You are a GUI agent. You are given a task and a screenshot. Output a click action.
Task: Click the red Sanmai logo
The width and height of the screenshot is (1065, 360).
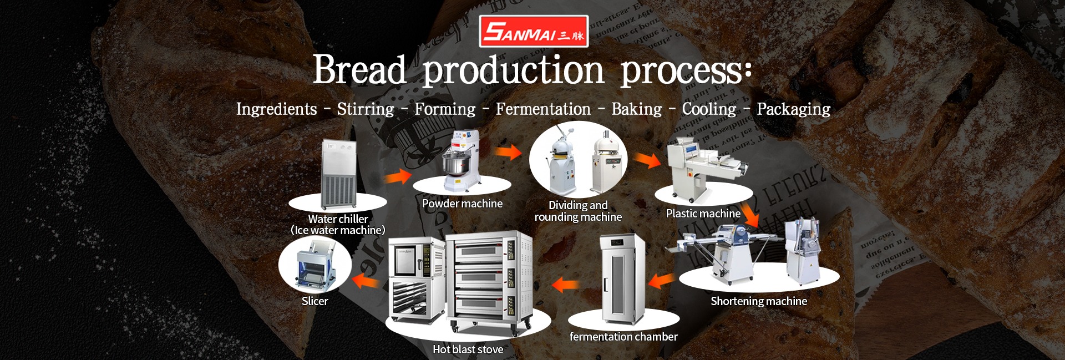tap(533, 31)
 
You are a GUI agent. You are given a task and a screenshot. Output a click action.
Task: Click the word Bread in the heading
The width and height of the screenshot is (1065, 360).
tap(359, 70)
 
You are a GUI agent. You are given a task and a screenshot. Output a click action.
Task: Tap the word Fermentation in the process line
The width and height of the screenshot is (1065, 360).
tap(543, 109)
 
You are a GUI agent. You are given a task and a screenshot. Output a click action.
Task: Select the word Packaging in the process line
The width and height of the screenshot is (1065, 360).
tap(793, 109)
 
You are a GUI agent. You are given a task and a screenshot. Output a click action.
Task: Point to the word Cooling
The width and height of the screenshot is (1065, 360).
tap(709, 109)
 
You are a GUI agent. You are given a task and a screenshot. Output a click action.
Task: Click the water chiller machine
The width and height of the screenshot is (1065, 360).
tap(339, 174)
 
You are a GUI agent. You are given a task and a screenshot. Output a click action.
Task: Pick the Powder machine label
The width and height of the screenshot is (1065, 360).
tap(462, 204)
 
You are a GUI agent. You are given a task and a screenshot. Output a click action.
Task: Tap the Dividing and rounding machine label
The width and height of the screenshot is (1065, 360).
tap(578, 211)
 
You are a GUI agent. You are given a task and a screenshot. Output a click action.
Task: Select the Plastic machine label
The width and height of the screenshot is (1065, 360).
tap(703, 214)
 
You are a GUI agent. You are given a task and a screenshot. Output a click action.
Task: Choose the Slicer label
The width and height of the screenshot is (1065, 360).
tap(315, 301)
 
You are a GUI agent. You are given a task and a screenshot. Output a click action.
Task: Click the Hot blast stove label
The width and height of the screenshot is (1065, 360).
tap(468, 349)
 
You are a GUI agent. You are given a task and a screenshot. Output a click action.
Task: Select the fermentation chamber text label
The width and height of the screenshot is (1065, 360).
tap(623, 337)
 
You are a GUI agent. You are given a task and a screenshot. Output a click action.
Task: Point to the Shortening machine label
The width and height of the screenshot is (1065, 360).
tap(759, 301)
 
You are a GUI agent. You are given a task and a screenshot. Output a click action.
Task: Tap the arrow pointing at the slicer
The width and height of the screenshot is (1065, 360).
tap(366, 281)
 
